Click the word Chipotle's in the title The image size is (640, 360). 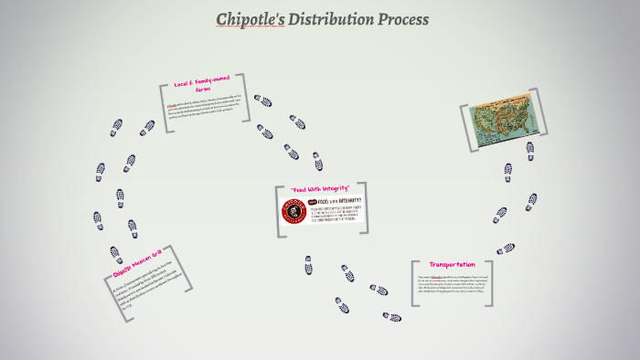[x=250, y=19]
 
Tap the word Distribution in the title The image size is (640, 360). [x=330, y=19]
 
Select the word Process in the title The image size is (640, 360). [x=402, y=19]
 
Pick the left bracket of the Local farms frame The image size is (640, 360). [x=163, y=103]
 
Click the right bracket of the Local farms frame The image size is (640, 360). [x=251, y=95]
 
